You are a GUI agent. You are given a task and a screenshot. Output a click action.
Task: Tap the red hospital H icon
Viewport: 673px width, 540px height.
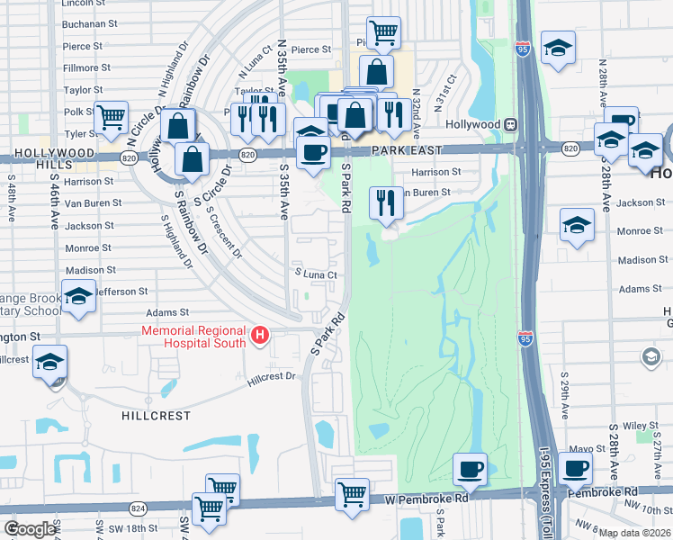click(x=261, y=337)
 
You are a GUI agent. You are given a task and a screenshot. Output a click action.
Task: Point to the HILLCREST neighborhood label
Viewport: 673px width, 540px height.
click(x=157, y=416)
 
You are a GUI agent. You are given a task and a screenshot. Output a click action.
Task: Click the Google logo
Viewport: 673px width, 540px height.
click(x=30, y=529)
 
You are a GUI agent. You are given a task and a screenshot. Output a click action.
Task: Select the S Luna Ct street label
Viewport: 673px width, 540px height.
click(x=316, y=274)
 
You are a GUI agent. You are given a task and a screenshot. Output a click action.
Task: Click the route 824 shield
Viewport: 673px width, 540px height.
click(x=138, y=508)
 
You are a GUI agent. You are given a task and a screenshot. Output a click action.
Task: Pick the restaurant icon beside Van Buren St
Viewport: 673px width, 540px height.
click(x=386, y=202)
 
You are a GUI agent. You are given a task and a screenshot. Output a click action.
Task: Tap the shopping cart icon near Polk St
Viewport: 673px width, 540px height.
click(x=112, y=116)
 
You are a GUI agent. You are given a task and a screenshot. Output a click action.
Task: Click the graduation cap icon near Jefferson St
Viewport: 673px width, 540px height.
click(x=79, y=296)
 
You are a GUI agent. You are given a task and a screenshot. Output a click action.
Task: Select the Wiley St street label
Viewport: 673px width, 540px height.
click(x=642, y=426)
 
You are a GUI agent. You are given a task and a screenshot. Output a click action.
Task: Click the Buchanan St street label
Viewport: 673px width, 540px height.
click(x=91, y=24)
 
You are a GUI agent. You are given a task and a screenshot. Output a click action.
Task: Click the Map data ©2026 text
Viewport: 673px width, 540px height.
click(x=633, y=533)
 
